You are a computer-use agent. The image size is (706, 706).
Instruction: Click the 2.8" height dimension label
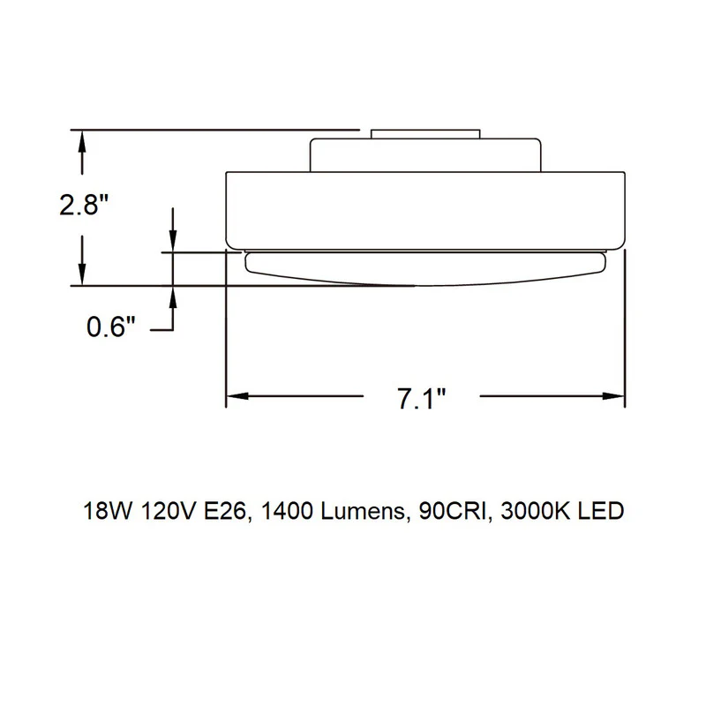point(84,205)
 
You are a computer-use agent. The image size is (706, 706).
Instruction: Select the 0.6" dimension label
point(111,327)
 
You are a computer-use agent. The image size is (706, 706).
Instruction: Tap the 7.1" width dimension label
point(422,399)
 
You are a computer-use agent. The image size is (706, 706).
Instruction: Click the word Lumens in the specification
point(362,511)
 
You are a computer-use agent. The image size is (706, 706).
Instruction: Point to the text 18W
point(108,511)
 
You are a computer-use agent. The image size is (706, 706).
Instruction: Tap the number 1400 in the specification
point(287,511)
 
